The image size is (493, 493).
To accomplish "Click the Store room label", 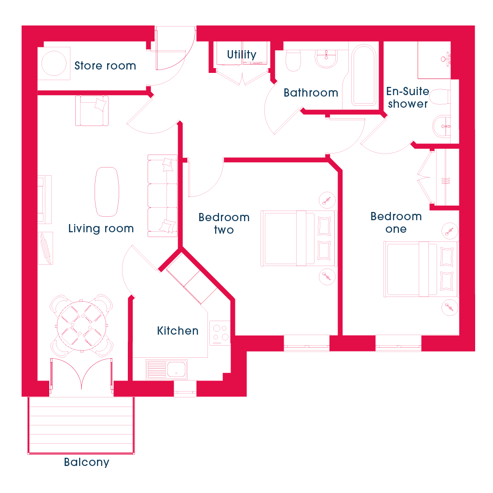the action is [105, 66].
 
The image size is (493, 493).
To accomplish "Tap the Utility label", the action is [242, 54].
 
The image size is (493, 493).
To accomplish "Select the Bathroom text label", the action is [311, 93].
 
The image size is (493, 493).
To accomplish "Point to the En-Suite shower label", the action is [408, 97].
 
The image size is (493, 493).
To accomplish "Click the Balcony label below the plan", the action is [86, 462].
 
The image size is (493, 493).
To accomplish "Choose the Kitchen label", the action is [178, 331].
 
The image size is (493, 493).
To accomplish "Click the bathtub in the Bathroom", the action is [363, 75].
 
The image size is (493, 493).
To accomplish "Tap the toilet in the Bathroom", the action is [293, 60].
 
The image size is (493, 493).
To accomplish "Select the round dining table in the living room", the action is [81, 326].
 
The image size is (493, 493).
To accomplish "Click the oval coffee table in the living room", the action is [107, 192].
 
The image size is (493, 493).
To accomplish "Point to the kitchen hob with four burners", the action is [220, 333].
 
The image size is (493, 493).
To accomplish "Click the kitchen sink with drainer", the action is [166, 369].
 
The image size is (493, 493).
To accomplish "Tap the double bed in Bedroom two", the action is [299, 239].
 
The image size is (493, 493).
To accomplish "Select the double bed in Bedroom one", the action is [421, 269].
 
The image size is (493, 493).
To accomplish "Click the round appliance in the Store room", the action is [54, 63].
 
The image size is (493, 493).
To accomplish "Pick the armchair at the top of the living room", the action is [92, 111].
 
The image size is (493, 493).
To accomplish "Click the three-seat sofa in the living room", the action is [163, 196].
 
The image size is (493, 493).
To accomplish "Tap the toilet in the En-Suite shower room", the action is [440, 97].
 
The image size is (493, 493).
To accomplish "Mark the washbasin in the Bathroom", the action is [327, 59].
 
